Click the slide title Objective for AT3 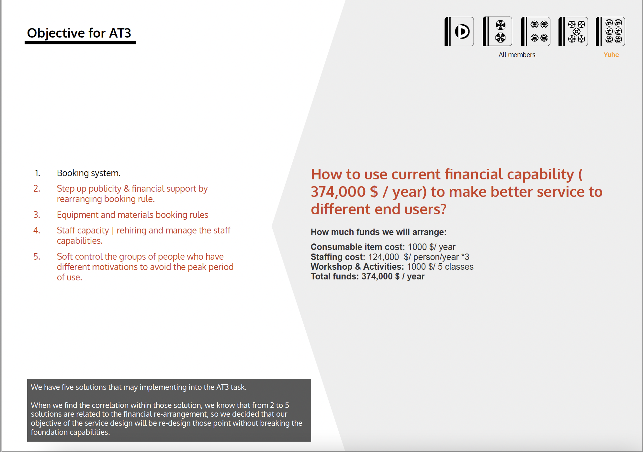[x=79, y=33]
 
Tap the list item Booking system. [x=88, y=173]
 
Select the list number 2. [x=37, y=188]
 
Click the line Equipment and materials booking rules [x=132, y=215]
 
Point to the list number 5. [x=37, y=256]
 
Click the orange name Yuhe [x=611, y=55]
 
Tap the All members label [x=517, y=55]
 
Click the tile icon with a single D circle [x=459, y=31]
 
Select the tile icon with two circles [x=497, y=31]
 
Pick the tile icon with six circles [x=610, y=31]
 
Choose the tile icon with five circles [x=573, y=31]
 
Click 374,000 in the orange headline [x=338, y=192]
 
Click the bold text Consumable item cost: [x=358, y=247]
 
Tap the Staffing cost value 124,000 [x=383, y=257]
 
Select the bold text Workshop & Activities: [x=357, y=267]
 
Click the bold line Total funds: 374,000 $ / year [x=367, y=277]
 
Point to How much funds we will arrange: [x=378, y=232]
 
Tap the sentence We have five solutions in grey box [x=139, y=387]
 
